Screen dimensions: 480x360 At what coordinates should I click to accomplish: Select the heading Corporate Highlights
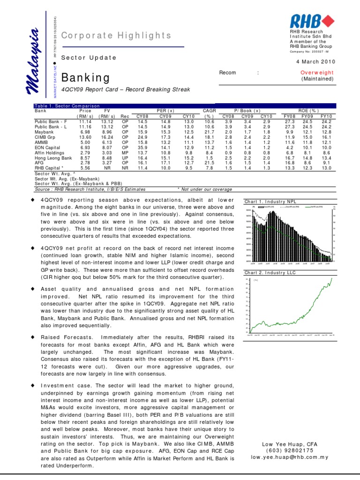pos(117,36)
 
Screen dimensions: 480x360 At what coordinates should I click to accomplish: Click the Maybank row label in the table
pos(45,132)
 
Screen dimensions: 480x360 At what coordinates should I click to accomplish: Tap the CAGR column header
pos(209,112)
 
